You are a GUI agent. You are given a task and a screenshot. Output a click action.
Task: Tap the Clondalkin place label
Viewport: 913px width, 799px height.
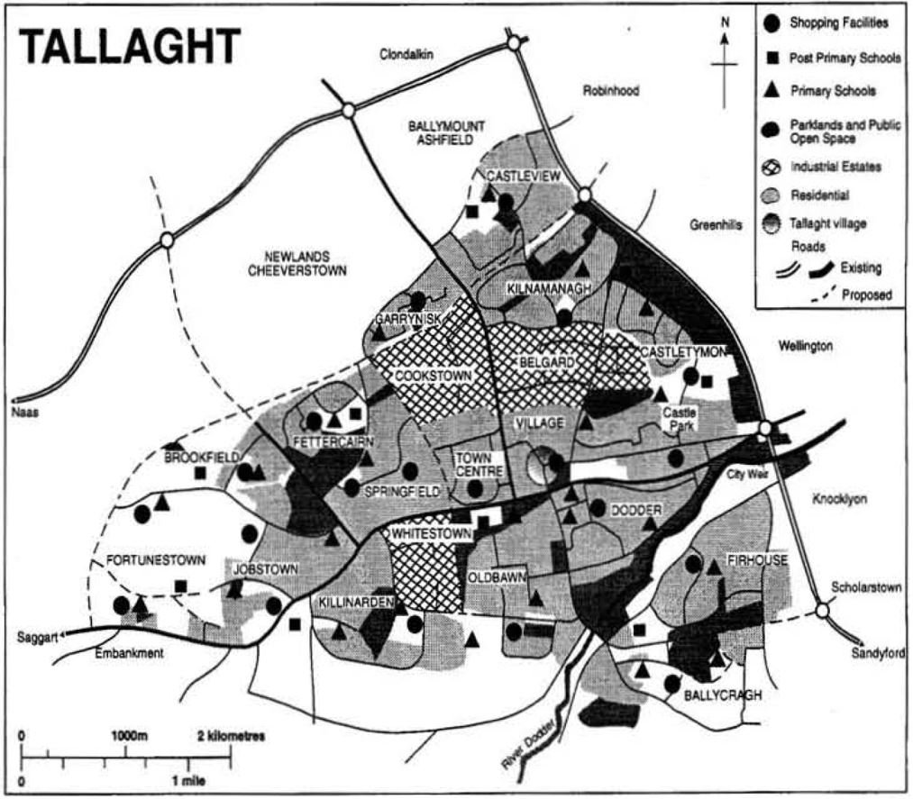click(406, 55)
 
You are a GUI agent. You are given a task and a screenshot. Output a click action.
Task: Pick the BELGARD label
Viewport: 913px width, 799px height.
click(541, 362)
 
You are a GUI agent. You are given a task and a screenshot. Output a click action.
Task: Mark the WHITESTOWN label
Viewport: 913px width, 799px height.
click(431, 533)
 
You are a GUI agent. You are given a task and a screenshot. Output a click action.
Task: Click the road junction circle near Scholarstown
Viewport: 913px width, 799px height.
click(822, 612)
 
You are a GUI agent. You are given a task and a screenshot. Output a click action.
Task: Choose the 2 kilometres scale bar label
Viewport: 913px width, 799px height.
click(230, 736)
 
